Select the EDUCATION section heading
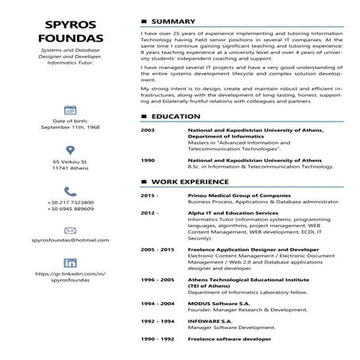[176, 117]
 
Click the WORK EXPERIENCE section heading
[189, 182]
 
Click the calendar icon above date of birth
[70, 110]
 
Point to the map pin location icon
[70, 150]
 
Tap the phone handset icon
[70, 191]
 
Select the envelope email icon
[70, 230]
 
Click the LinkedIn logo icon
[70, 263]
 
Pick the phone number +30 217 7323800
[70, 203]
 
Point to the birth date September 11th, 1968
[70, 126]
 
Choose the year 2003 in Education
[147, 130]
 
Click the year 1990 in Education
[147, 160]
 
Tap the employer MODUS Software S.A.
[219, 304]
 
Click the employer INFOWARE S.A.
[210, 321]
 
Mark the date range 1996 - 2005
[157, 280]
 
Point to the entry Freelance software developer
[229, 339]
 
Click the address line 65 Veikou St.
[70, 161]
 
